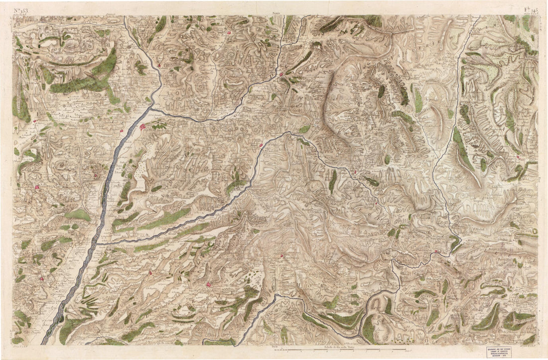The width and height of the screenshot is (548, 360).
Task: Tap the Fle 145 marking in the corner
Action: coord(530,9)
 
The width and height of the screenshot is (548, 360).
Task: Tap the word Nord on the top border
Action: coord(275,13)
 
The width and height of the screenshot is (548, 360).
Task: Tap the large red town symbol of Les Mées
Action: coord(142,127)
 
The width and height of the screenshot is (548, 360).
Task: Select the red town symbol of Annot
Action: coord(519,157)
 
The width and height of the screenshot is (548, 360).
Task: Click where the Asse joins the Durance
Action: coord(97,242)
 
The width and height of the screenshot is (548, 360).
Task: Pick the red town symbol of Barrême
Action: coord(355,172)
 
